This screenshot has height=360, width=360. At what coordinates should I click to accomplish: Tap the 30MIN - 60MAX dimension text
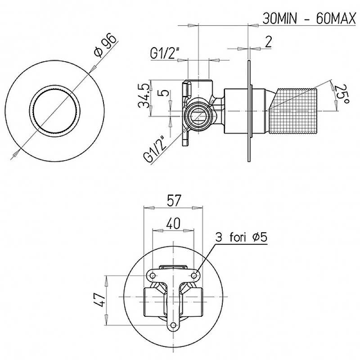[x=310, y=18]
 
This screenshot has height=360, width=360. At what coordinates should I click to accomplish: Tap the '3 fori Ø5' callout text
[x=241, y=237]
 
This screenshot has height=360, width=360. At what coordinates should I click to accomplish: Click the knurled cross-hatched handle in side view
[x=294, y=111]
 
